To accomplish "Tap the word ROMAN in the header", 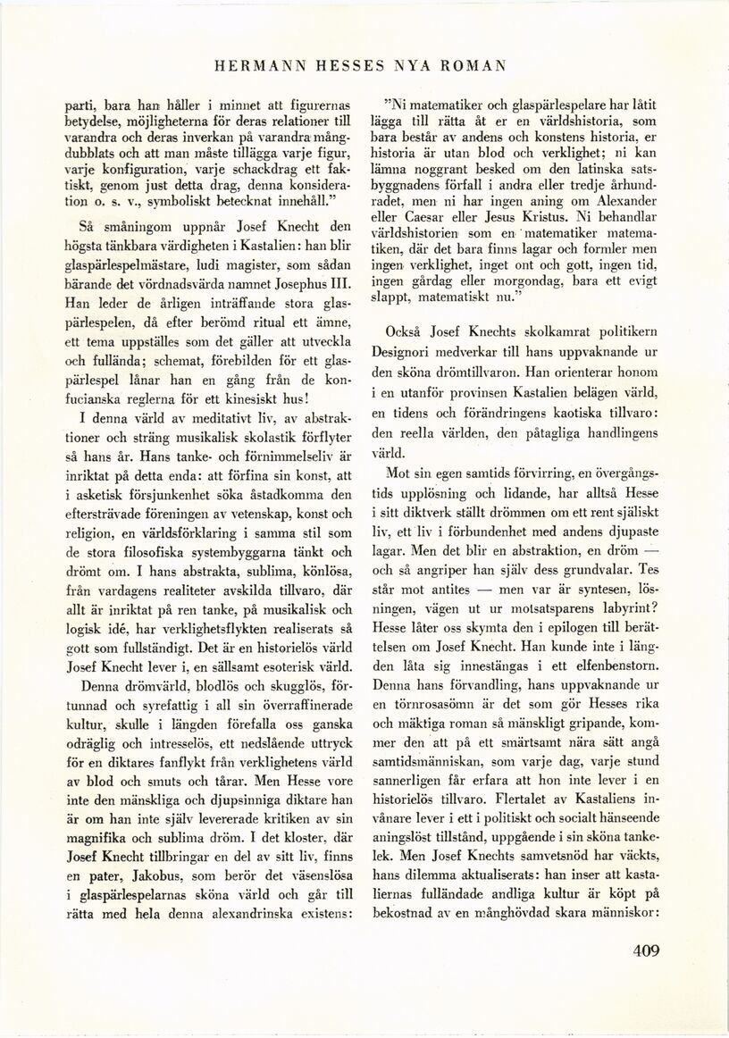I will tap(474, 64).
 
